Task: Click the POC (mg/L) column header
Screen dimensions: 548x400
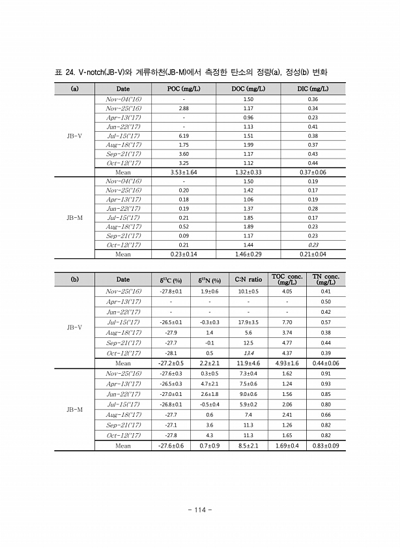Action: (184, 89)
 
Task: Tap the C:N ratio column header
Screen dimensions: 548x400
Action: (248, 280)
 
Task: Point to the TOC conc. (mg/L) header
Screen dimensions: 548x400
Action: (287, 280)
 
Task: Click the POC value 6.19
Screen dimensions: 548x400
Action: (184, 136)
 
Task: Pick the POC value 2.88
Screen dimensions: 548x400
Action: (184, 108)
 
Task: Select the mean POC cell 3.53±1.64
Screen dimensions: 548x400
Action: (184, 172)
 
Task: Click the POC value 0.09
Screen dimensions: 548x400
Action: (184, 236)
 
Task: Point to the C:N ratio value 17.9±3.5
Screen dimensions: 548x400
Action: (248, 322)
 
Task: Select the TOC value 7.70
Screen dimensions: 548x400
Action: (287, 322)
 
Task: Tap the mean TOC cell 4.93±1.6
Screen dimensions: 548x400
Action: (287, 363)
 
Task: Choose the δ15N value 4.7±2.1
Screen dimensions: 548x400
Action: (209, 384)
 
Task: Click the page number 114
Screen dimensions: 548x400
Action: (200, 510)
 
